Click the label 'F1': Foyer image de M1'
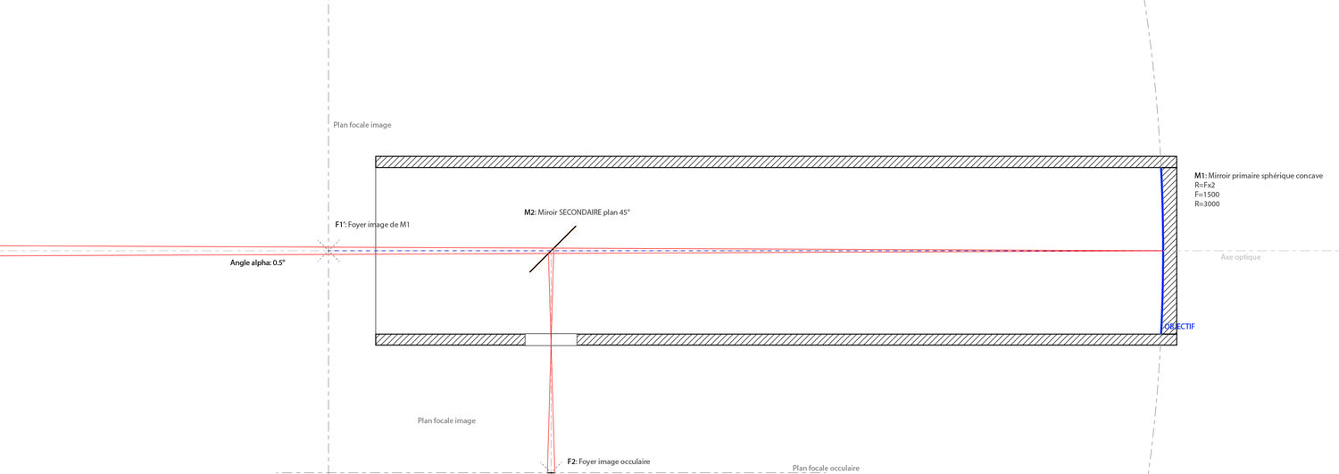coord(372,225)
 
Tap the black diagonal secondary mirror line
coord(553,249)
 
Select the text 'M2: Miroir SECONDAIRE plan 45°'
coord(577,212)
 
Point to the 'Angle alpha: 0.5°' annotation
coord(258,262)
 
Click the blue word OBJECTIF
coord(1179,327)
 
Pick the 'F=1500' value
coord(1207,195)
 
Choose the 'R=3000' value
coord(1207,204)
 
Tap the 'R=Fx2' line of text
coord(1204,186)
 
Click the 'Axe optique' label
coord(1241,257)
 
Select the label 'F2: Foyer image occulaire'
coord(609,462)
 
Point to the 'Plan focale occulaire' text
coord(826,468)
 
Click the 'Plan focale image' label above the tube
coord(362,125)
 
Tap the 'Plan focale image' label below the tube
coord(446,420)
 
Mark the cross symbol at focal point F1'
coord(329,251)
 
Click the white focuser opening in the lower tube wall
coord(551,339)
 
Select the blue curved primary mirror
coord(1162,251)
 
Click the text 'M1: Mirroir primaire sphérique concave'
coord(1259,176)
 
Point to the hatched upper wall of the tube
coord(776,162)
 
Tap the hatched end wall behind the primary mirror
coord(1169,251)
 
